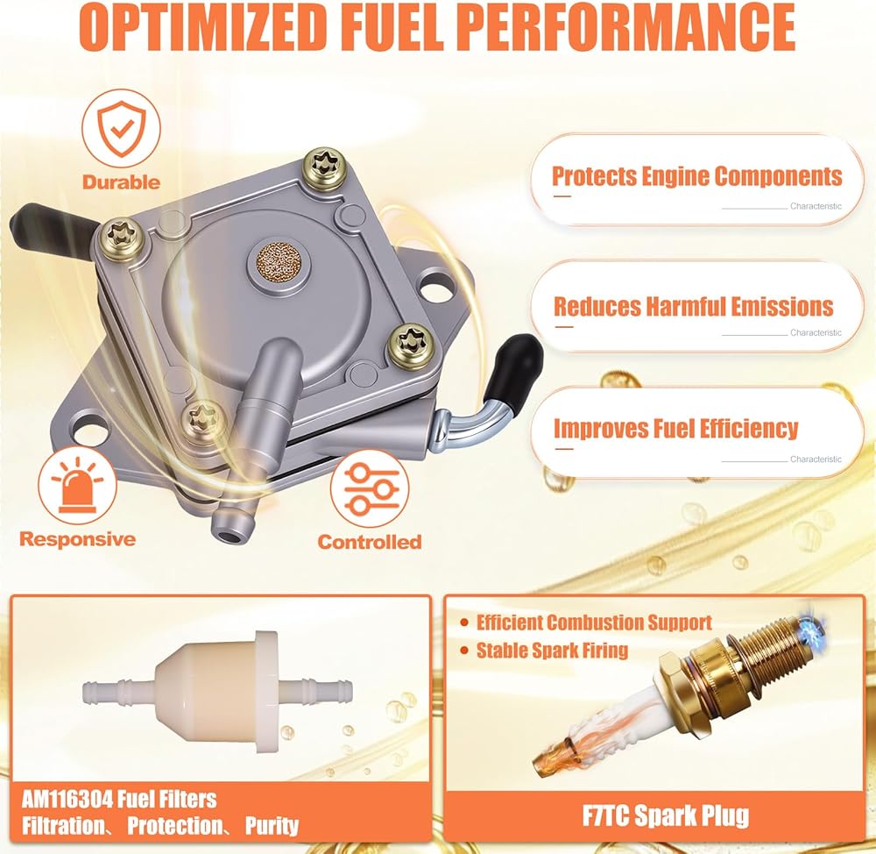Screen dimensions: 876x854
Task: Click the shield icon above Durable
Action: tap(121, 129)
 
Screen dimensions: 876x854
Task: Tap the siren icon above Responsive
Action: tap(77, 485)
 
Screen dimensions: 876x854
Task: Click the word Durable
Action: tap(121, 182)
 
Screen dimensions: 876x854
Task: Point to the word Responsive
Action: tap(78, 539)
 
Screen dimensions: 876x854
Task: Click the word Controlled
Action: tap(370, 542)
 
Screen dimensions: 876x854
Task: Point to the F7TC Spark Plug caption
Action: tap(666, 816)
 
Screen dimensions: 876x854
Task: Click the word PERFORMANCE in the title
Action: tap(628, 26)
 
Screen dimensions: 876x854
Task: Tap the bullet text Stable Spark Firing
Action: tap(552, 651)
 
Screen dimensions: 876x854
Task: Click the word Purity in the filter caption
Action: tap(272, 826)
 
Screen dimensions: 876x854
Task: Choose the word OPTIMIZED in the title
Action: tap(203, 26)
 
